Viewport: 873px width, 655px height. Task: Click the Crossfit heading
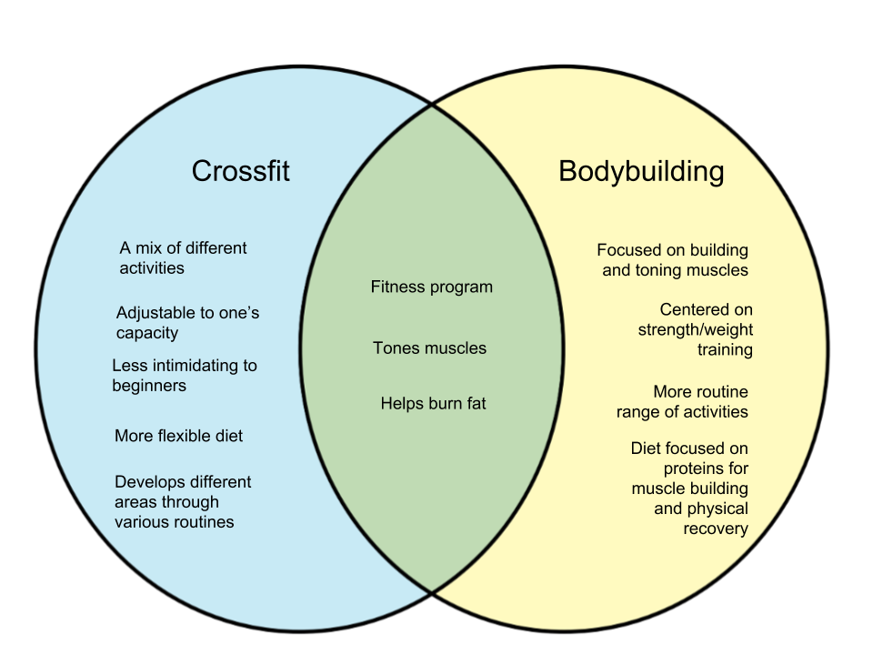[x=240, y=171]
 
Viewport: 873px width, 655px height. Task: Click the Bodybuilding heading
[x=641, y=171]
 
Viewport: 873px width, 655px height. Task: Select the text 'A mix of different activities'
[x=183, y=257]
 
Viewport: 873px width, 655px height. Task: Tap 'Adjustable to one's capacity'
[x=187, y=323]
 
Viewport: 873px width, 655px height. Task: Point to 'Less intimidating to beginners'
[x=185, y=376]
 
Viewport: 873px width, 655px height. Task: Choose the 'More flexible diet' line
[x=178, y=436]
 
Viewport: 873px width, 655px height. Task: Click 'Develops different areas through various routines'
[x=183, y=501]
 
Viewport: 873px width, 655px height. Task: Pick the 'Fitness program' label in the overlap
[x=431, y=287]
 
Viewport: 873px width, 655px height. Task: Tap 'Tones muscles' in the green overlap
[x=429, y=348]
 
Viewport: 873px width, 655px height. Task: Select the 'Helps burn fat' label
[x=433, y=403]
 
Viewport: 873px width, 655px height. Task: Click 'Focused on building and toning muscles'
[x=673, y=259]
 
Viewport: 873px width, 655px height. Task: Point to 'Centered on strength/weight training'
[x=696, y=329]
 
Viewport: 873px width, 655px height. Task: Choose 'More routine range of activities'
[x=683, y=401]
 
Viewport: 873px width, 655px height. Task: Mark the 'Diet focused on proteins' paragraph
[x=690, y=489]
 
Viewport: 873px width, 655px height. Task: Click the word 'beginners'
[x=149, y=386]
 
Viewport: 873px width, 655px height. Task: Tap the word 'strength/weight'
[x=696, y=329]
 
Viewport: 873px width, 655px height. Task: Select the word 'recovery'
[x=716, y=529]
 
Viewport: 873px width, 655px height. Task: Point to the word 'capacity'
[x=147, y=333]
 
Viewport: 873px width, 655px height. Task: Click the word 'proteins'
[x=706, y=469]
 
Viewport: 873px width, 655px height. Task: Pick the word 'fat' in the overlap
[x=476, y=403]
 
